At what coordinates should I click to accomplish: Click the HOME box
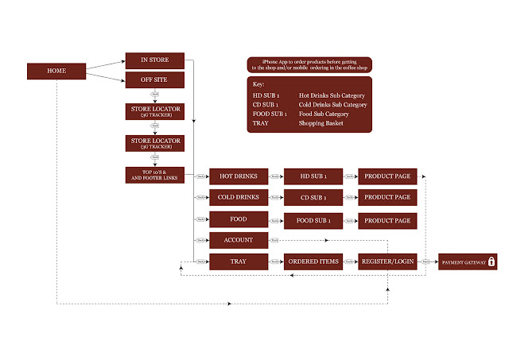[x=56, y=72]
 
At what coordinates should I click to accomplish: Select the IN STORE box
[x=155, y=60]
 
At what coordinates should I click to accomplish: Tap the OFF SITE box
[x=155, y=80]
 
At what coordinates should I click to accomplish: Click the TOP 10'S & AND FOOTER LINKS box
[x=155, y=175]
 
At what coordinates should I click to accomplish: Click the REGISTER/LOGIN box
[x=387, y=261]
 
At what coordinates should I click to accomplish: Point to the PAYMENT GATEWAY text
[x=463, y=261]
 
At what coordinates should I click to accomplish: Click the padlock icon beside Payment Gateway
[x=492, y=261]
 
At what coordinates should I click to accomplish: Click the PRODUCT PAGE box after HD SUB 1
[x=387, y=175]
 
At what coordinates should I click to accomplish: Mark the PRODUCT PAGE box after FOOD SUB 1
[x=387, y=219]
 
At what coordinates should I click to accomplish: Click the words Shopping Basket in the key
[x=321, y=123]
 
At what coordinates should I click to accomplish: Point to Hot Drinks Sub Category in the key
[x=332, y=95]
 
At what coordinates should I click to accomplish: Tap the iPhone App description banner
[x=309, y=64]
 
